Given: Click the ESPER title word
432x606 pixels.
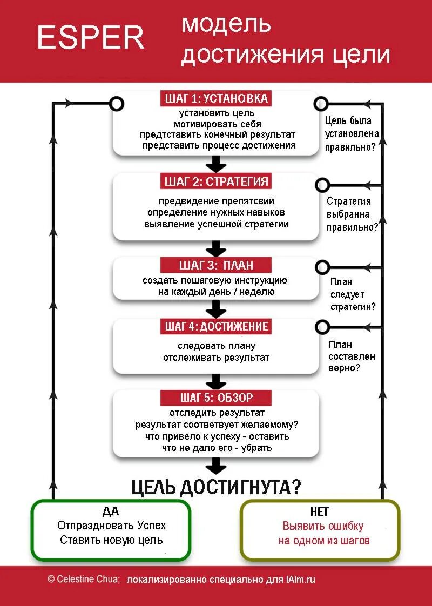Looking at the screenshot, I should [91, 38].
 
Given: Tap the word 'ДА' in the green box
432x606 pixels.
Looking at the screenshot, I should [110, 511].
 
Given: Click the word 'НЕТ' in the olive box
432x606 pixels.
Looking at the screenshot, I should [320, 511].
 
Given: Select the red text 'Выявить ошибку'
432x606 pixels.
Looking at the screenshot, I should [323, 526].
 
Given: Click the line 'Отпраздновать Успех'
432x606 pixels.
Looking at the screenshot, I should [111, 526].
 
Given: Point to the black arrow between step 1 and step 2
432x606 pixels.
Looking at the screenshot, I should [216, 164].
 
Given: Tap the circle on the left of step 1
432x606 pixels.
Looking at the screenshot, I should [117, 104].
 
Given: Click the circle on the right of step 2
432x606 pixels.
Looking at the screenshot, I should [322, 185].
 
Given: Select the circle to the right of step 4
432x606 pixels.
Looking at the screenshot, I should [322, 327].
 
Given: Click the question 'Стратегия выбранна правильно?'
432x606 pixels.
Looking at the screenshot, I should [352, 214].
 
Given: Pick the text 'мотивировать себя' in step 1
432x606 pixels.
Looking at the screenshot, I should [217, 124].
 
